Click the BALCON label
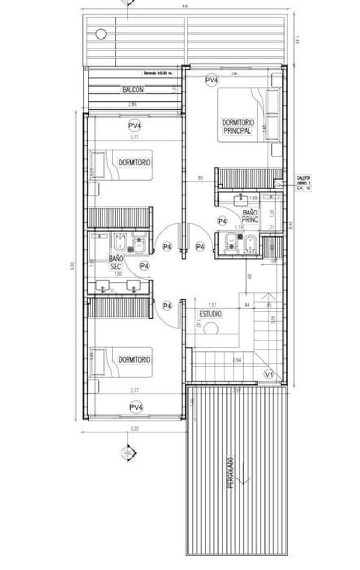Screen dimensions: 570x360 (x=133, y=90)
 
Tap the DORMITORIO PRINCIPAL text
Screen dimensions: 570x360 (x=238, y=126)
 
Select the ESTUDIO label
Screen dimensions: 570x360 (x=210, y=314)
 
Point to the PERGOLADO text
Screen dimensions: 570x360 (x=231, y=474)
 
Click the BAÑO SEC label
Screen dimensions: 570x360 (x=116, y=263)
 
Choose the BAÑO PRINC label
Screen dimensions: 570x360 (x=250, y=217)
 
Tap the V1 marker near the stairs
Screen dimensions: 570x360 (x=269, y=375)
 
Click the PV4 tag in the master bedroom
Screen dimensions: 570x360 (x=212, y=79)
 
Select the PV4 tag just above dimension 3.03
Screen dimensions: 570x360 (x=136, y=407)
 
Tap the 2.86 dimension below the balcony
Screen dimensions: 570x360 (x=132, y=106)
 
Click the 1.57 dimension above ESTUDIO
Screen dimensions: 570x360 (x=212, y=305)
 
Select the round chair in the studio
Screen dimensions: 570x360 (x=211, y=328)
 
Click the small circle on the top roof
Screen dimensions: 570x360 (x=100, y=34)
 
